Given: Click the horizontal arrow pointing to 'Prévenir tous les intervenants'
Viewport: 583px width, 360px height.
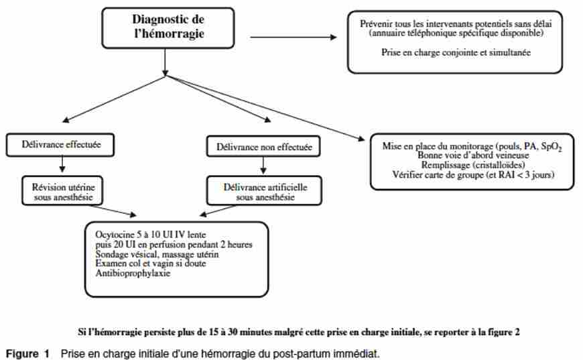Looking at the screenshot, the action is pos(294,37).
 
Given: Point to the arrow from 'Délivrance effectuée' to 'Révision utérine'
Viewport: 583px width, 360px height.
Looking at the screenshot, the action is pos(62,164).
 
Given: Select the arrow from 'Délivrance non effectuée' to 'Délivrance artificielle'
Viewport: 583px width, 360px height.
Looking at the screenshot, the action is pos(263,165).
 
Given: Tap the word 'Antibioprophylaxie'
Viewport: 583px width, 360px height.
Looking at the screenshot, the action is pos(133,274).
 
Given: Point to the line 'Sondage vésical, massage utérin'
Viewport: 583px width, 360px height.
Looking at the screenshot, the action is pos(157,254).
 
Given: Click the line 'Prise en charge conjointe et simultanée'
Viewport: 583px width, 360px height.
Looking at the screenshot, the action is pos(456,52).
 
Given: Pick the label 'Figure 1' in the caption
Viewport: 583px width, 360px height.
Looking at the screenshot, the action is pos(28,354).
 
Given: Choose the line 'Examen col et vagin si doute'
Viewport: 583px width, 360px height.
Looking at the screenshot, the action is pos(151,263).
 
